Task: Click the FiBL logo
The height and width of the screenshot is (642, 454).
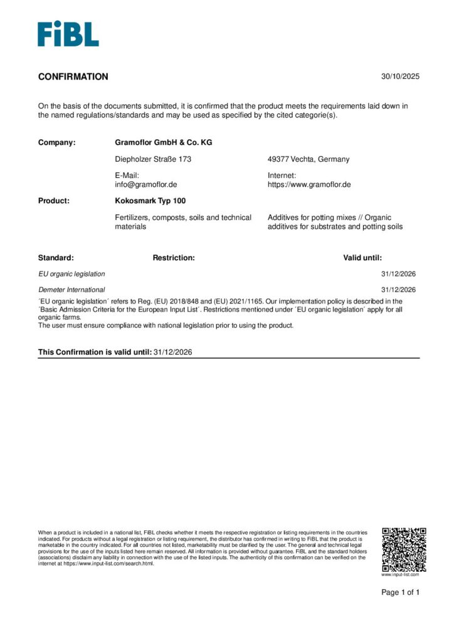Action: tap(68, 34)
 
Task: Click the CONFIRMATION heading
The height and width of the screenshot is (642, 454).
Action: tap(73, 77)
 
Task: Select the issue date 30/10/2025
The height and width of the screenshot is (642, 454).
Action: tap(400, 77)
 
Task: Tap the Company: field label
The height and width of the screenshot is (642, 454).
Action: tap(57, 142)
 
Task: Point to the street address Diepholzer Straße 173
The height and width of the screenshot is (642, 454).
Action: tap(153, 159)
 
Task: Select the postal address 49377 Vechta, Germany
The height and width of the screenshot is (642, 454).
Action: tap(309, 159)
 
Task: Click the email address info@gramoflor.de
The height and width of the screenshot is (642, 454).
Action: tap(146, 184)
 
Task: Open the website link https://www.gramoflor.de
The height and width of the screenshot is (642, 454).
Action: tap(309, 184)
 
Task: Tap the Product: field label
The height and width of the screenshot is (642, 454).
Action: tap(54, 201)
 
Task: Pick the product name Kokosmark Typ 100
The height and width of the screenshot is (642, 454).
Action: tap(150, 201)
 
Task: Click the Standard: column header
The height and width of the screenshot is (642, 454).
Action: tap(56, 258)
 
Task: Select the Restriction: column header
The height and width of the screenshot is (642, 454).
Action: tap(174, 258)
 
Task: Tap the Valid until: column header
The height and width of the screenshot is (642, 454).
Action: tap(362, 258)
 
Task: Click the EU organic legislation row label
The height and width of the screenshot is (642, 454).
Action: tap(71, 274)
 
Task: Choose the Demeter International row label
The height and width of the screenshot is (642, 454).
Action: tap(71, 290)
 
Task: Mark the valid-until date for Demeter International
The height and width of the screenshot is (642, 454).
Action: tap(398, 290)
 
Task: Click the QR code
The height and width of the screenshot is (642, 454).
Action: tap(404, 549)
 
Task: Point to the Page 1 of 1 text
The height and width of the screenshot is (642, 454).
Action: tap(401, 592)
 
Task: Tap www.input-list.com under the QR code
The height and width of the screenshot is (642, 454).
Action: tap(400, 574)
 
